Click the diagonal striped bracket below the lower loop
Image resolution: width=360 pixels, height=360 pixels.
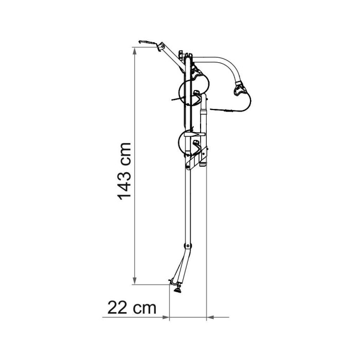[199, 159]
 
